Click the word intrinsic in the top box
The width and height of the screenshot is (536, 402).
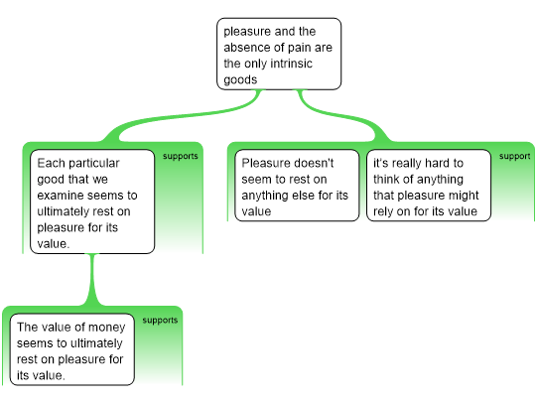click(x=291, y=64)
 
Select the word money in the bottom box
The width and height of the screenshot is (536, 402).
click(x=105, y=328)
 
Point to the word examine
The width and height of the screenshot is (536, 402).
click(x=58, y=196)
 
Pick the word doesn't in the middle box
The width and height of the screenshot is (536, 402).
click(x=313, y=163)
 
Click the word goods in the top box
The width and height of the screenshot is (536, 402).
click(x=240, y=79)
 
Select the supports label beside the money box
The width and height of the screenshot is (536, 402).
click(x=160, y=321)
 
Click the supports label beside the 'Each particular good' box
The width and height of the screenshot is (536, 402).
click(x=180, y=156)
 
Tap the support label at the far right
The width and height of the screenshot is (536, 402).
click(x=514, y=156)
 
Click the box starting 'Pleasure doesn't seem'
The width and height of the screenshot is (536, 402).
click(x=297, y=186)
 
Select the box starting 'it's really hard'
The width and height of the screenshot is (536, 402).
click(x=429, y=186)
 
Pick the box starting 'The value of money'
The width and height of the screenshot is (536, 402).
click(x=72, y=349)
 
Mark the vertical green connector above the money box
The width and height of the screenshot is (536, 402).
click(x=92, y=280)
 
